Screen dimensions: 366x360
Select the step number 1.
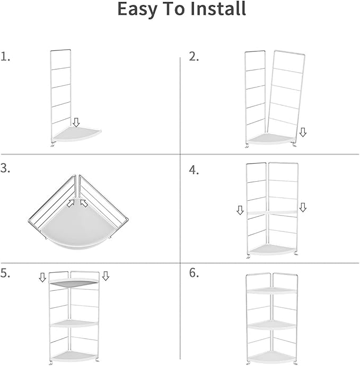(6, 57)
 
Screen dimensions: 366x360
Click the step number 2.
(194, 57)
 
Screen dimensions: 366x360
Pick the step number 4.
(194, 170)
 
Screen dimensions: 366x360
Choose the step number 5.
(6, 273)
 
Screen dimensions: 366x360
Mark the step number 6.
(194, 273)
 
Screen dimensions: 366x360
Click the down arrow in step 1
(76, 122)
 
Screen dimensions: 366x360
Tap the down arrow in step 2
(303, 132)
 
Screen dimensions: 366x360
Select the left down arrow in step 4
(240, 211)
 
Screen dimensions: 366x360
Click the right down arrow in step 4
(303, 208)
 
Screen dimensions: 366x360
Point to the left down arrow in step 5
(43, 277)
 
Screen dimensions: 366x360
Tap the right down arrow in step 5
(106, 275)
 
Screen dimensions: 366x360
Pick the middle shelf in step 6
(271, 324)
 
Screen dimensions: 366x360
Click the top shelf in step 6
(271, 291)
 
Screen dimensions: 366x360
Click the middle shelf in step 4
(270, 212)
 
